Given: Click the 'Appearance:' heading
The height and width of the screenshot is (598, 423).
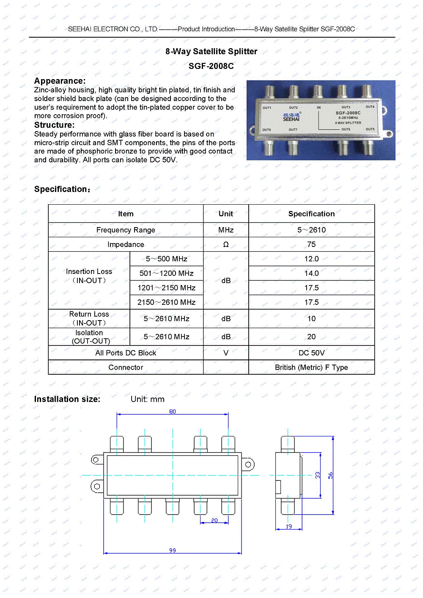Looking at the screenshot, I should click(x=60, y=81).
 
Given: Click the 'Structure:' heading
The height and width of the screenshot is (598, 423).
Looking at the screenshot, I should click(x=54, y=125).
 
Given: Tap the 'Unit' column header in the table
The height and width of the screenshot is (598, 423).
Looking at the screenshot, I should click(x=226, y=214).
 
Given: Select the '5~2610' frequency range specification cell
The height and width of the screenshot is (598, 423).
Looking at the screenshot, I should click(x=311, y=230).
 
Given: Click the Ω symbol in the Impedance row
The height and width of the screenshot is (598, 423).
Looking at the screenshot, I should click(x=226, y=244).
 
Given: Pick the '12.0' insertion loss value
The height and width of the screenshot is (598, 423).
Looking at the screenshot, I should click(x=311, y=259).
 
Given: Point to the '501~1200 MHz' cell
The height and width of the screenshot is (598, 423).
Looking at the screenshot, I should click(x=166, y=273).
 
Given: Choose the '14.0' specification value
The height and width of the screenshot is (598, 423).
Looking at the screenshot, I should click(x=311, y=273).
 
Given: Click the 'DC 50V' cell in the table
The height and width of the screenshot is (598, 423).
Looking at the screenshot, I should click(x=311, y=353).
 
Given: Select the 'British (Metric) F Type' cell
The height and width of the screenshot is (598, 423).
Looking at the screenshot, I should click(x=311, y=368).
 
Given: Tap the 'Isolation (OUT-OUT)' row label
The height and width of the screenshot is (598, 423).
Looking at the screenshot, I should click(x=89, y=337).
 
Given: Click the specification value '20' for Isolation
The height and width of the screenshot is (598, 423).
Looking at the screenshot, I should click(x=311, y=337).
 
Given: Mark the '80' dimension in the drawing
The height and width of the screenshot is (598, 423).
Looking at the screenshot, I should click(x=173, y=411).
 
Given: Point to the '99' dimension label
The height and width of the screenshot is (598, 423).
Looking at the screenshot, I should click(x=173, y=550).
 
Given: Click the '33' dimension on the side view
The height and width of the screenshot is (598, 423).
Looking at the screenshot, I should click(x=318, y=475).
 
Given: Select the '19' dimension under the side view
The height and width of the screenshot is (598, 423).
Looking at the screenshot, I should click(x=289, y=527).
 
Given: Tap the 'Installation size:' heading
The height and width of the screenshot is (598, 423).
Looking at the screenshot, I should click(x=67, y=399).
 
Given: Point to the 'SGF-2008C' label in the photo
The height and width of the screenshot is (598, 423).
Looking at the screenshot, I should click(x=348, y=113).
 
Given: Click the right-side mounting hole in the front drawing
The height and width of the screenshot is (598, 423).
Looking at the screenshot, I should click(x=248, y=464).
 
